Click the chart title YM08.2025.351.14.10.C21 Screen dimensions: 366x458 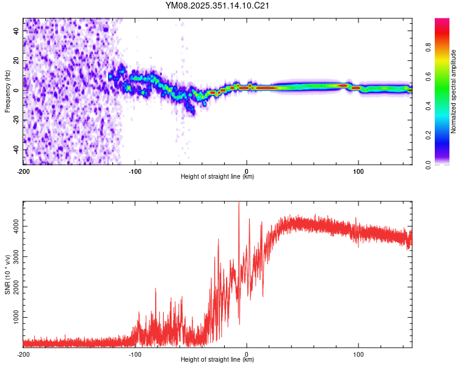[217, 6]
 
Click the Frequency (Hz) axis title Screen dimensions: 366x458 [7, 91]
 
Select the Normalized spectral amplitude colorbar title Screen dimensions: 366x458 [454, 91]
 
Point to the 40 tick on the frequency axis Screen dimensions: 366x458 [16, 30]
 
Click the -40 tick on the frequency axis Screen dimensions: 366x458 [15, 149]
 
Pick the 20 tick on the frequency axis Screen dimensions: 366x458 [16, 60]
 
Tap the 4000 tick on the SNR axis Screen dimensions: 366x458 [13, 226]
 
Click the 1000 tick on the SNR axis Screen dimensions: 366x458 [13, 318]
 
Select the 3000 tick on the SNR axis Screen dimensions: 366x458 [13, 257]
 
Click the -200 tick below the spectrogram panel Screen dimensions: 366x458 [23, 171]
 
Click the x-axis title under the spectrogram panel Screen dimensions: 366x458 [217, 177]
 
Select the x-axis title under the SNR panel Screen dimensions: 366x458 [217, 360]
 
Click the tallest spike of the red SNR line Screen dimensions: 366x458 [239, 204]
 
